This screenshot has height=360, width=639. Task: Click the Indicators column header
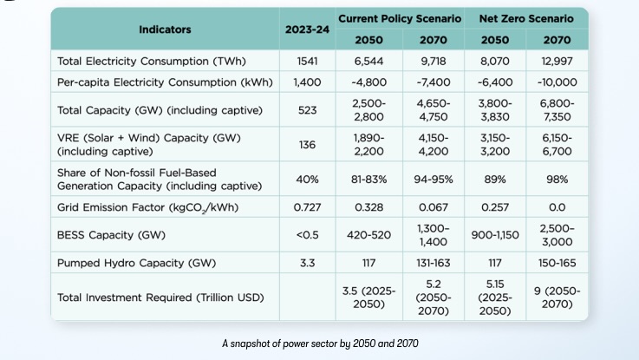(165, 29)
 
